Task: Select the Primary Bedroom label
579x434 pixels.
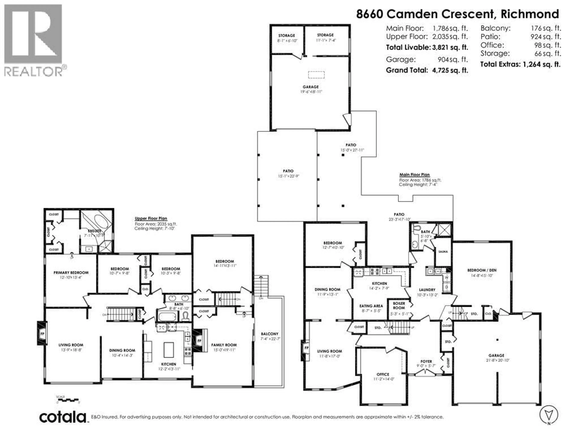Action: (x=71, y=273)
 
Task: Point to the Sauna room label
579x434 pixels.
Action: (x=443, y=252)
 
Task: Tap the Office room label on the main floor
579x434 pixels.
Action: (x=383, y=374)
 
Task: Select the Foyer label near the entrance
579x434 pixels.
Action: (x=426, y=361)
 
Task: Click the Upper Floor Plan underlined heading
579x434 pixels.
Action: (x=151, y=219)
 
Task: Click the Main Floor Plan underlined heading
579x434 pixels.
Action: (x=414, y=175)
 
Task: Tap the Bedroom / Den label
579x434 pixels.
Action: (x=482, y=270)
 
